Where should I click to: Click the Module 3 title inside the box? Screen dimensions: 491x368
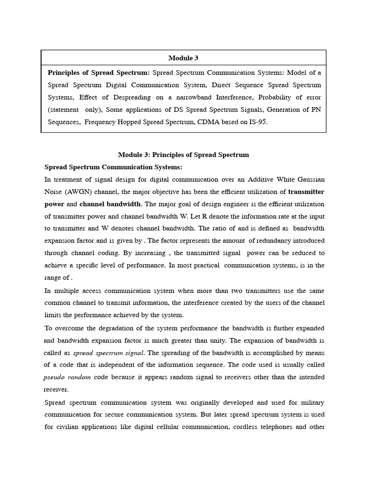click(x=183, y=58)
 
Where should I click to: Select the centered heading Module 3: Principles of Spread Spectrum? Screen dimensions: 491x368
click(x=184, y=154)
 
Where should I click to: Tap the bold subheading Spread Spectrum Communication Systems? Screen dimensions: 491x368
click(x=113, y=167)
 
